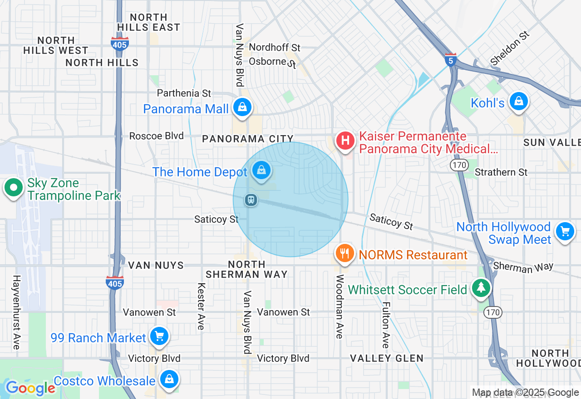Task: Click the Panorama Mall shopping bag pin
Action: tap(242, 107)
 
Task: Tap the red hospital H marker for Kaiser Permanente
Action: tap(345, 140)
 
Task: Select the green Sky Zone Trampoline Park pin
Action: tap(14, 187)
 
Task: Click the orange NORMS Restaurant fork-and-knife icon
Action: tap(345, 253)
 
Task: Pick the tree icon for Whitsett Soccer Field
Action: tap(481, 287)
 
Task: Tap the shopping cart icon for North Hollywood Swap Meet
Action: tap(565, 232)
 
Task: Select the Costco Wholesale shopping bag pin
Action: tap(169, 379)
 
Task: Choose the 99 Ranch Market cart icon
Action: tap(159, 336)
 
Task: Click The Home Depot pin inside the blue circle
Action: tap(261, 170)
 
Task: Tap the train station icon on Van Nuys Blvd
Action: tap(251, 200)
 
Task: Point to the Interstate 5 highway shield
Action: tap(450, 60)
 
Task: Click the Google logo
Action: tap(30, 388)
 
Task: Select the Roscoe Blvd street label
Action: tap(156, 136)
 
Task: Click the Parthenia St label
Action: tap(184, 93)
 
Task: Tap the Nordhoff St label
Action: tap(275, 48)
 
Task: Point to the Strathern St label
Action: tap(501, 172)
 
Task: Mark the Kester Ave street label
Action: tap(201, 307)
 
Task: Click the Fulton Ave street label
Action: tap(385, 325)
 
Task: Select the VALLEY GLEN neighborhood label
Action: tap(387, 358)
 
